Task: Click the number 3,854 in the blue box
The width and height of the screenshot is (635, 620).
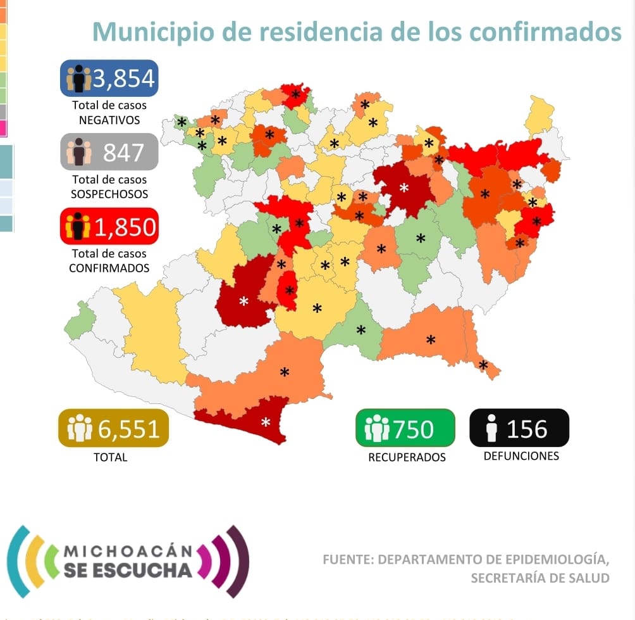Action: pyautogui.click(x=123, y=79)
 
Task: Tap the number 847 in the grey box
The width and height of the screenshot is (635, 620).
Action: pyautogui.click(x=124, y=153)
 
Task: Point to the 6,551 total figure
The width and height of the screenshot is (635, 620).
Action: pyautogui.click(x=128, y=429)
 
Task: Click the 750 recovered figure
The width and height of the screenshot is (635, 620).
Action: pyautogui.click(x=413, y=429)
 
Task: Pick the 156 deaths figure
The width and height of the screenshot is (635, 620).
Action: pyautogui.click(x=527, y=429)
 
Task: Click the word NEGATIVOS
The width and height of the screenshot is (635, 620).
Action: pyautogui.click(x=109, y=120)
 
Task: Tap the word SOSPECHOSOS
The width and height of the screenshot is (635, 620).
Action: pyautogui.click(x=109, y=194)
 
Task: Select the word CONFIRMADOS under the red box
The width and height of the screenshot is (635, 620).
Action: pyautogui.click(x=109, y=268)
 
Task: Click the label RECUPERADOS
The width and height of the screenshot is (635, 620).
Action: pyautogui.click(x=407, y=457)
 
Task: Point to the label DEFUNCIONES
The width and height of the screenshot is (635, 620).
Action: pyautogui.click(x=521, y=456)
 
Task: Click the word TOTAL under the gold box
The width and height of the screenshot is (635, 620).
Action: pyautogui.click(x=110, y=457)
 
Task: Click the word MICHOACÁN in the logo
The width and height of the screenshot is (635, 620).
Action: pyautogui.click(x=126, y=551)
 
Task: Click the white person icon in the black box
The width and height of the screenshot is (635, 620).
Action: pyautogui.click(x=491, y=429)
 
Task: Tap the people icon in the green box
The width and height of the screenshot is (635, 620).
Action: pyautogui.click(x=377, y=428)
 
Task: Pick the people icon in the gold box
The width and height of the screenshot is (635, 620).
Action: pyautogui.click(x=79, y=428)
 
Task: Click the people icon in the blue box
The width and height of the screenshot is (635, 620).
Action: pyautogui.click(x=78, y=79)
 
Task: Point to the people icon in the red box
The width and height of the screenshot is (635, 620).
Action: pyautogui.click(x=77, y=227)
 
